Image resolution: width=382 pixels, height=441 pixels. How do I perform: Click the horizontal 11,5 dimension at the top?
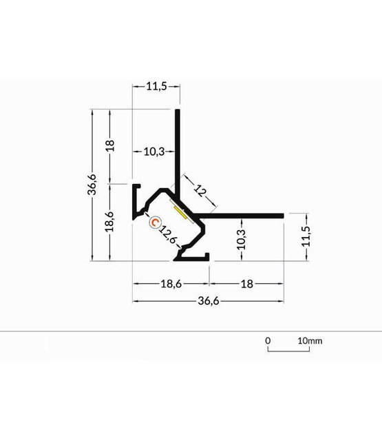(156, 87)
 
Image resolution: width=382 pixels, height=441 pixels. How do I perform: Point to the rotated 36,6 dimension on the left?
(92, 185)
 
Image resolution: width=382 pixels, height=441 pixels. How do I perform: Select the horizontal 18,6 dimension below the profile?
(171, 283)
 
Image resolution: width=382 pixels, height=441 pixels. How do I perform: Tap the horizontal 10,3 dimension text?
(153, 152)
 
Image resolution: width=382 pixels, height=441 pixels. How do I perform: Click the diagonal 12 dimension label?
(200, 191)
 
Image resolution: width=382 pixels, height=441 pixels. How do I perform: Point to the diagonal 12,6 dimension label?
(169, 235)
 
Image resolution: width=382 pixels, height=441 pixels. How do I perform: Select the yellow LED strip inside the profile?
(181, 211)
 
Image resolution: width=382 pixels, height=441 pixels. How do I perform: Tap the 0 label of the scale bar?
(268, 340)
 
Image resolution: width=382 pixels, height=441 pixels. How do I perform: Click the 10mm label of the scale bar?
(310, 340)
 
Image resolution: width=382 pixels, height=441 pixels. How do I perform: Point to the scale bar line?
(288, 351)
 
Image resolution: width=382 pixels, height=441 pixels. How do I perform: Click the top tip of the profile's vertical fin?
(179, 110)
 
